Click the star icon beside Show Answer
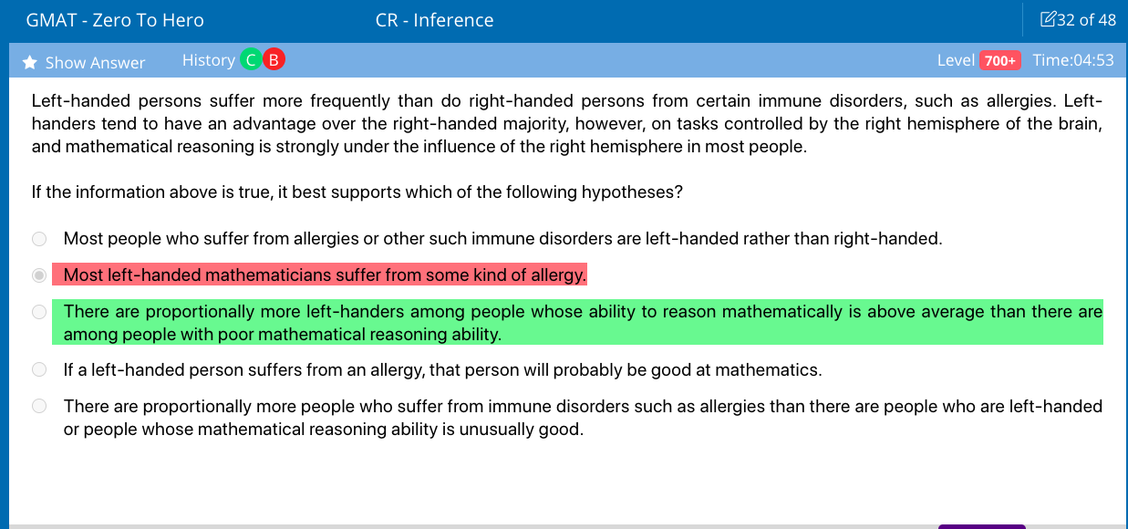(30, 62)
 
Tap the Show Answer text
(95, 62)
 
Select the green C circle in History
(251, 60)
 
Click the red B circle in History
(274, 60)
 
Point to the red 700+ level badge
(1000, 60)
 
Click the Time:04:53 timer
(1073, 60)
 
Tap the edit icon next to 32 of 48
(1048, 19)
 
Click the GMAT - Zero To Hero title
(115, 20)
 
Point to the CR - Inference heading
(435, 20)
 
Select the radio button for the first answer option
(39, 239)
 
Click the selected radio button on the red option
(39, 275)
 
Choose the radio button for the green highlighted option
(39, 312)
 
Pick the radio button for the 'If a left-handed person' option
(39, 369)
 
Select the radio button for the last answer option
(39, 406)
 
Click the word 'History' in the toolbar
(209, 60)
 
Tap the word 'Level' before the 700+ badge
(956, 60)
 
